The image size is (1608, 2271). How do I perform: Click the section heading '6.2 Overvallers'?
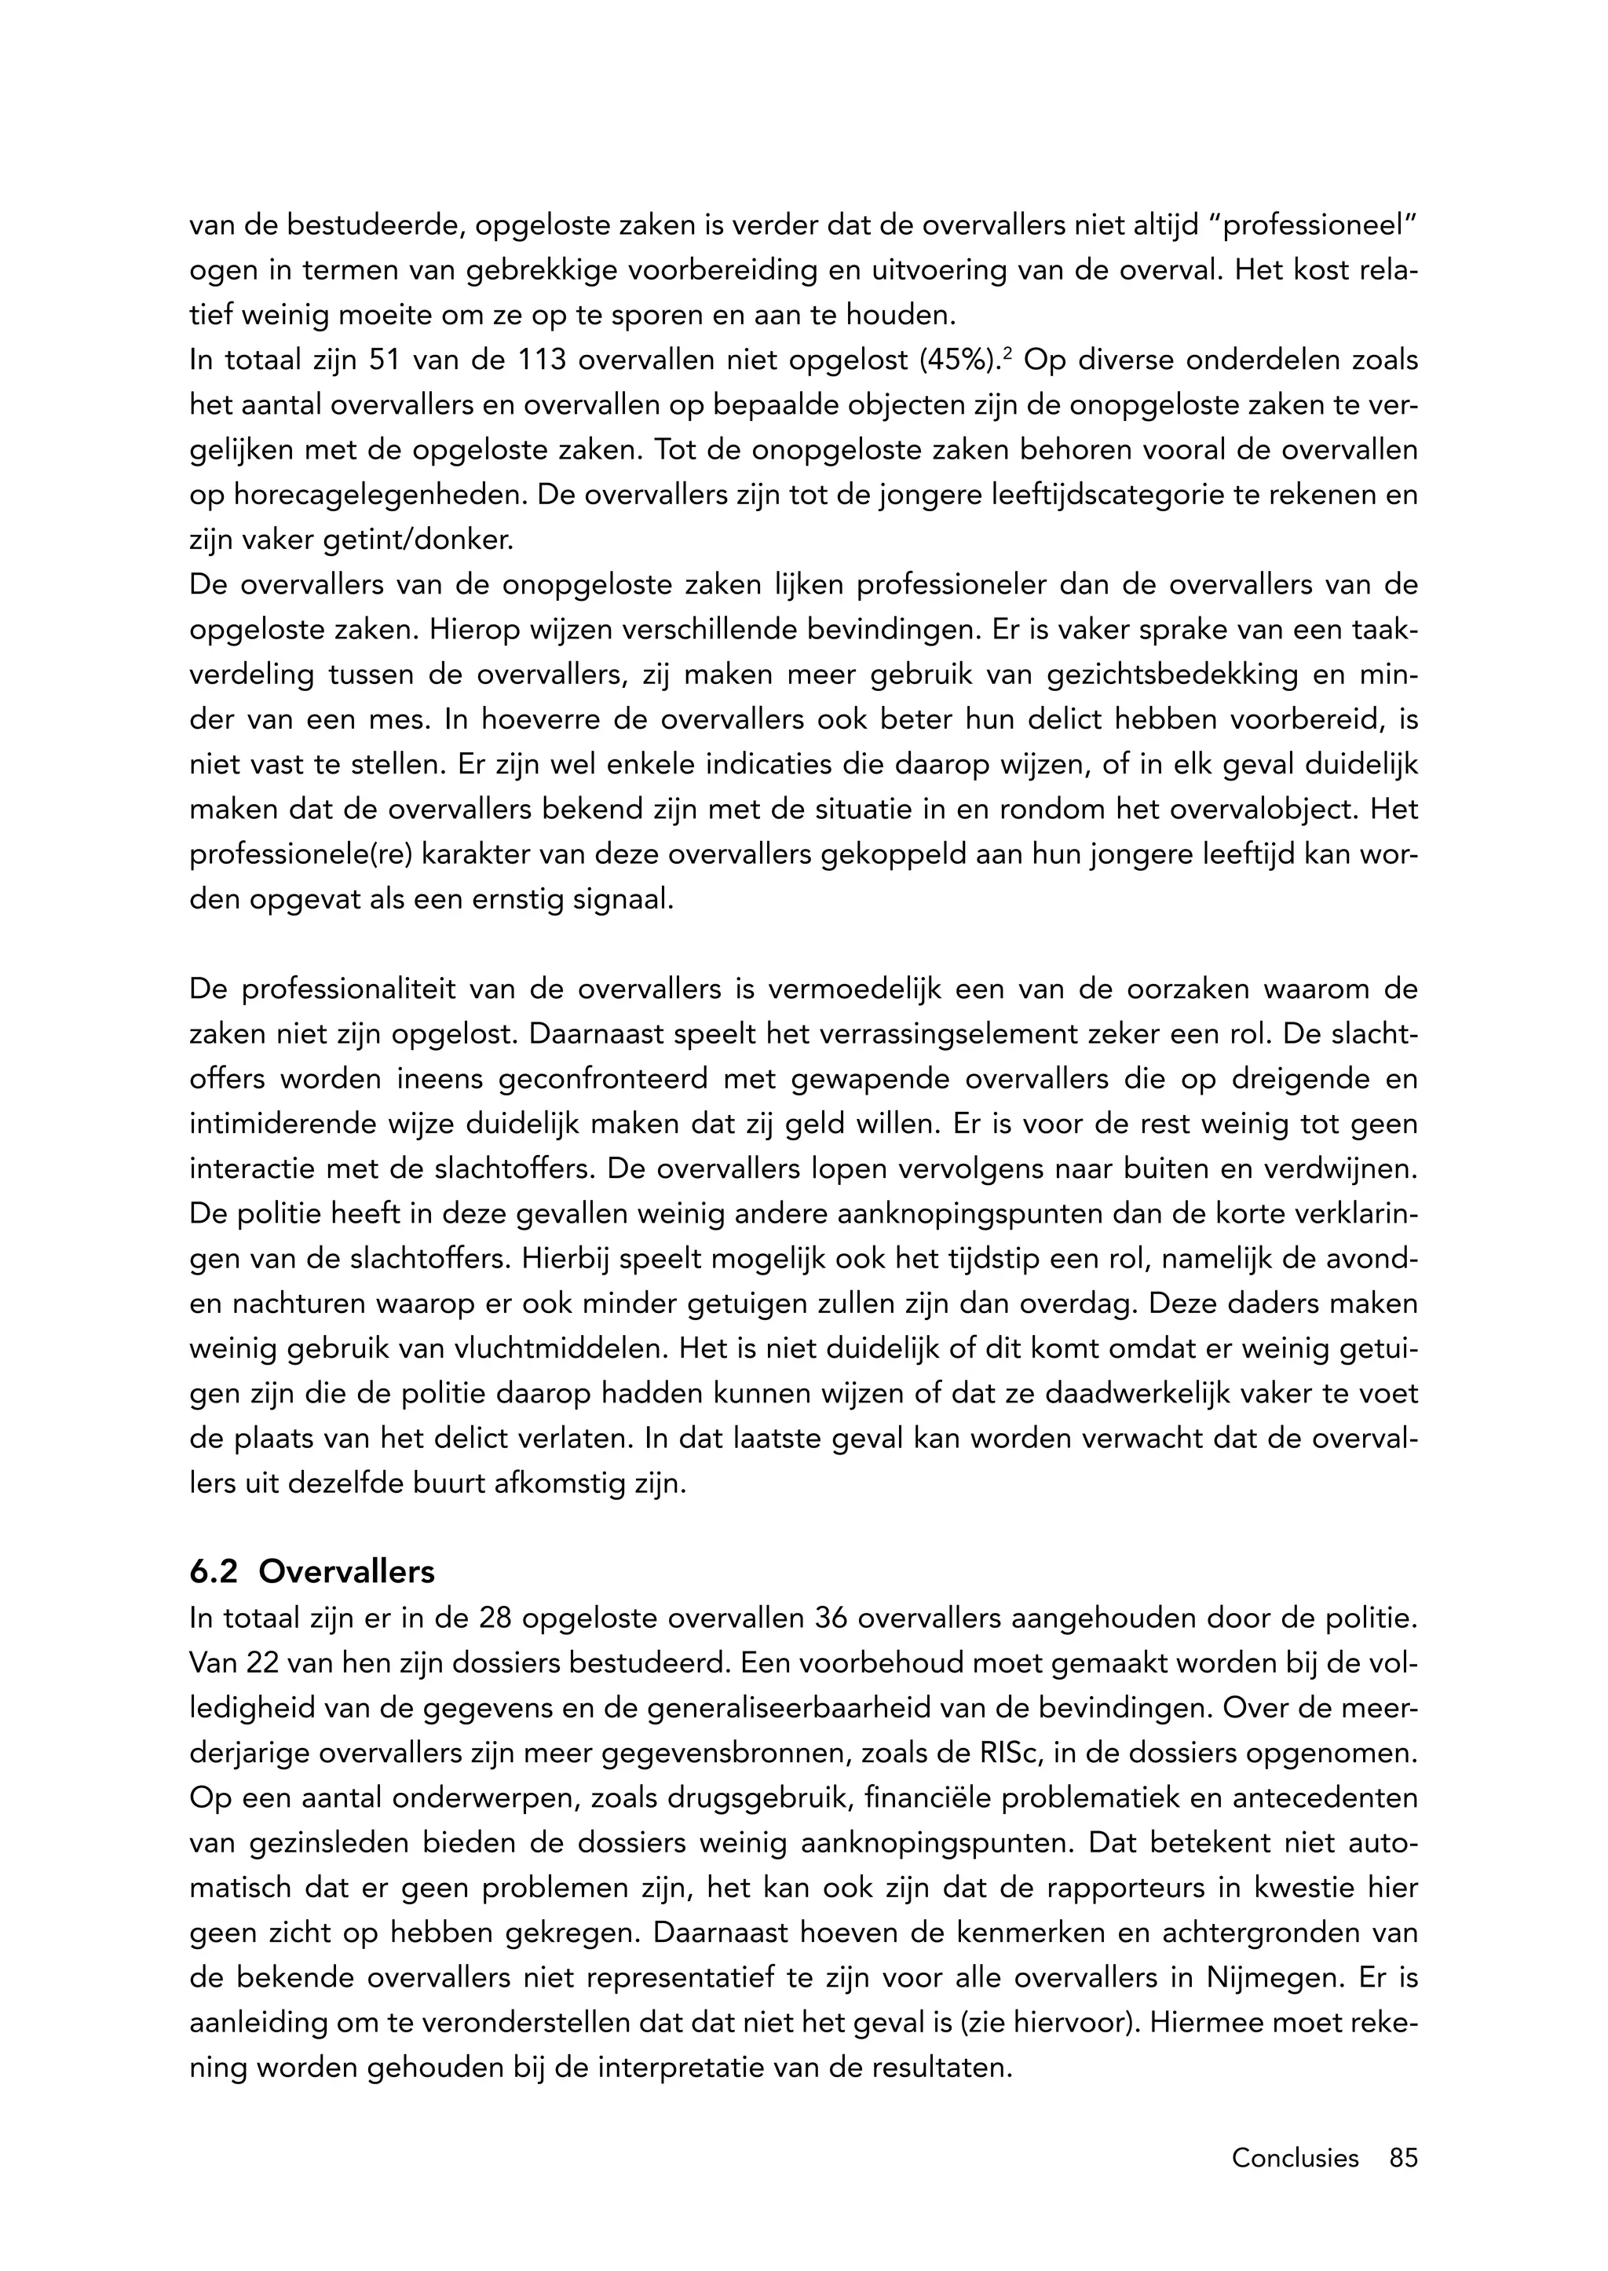click(x=312, y=1572)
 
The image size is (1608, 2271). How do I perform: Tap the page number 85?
click(x=1403, y=2156)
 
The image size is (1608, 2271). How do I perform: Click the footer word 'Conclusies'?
click(x=1294, y=2156)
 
